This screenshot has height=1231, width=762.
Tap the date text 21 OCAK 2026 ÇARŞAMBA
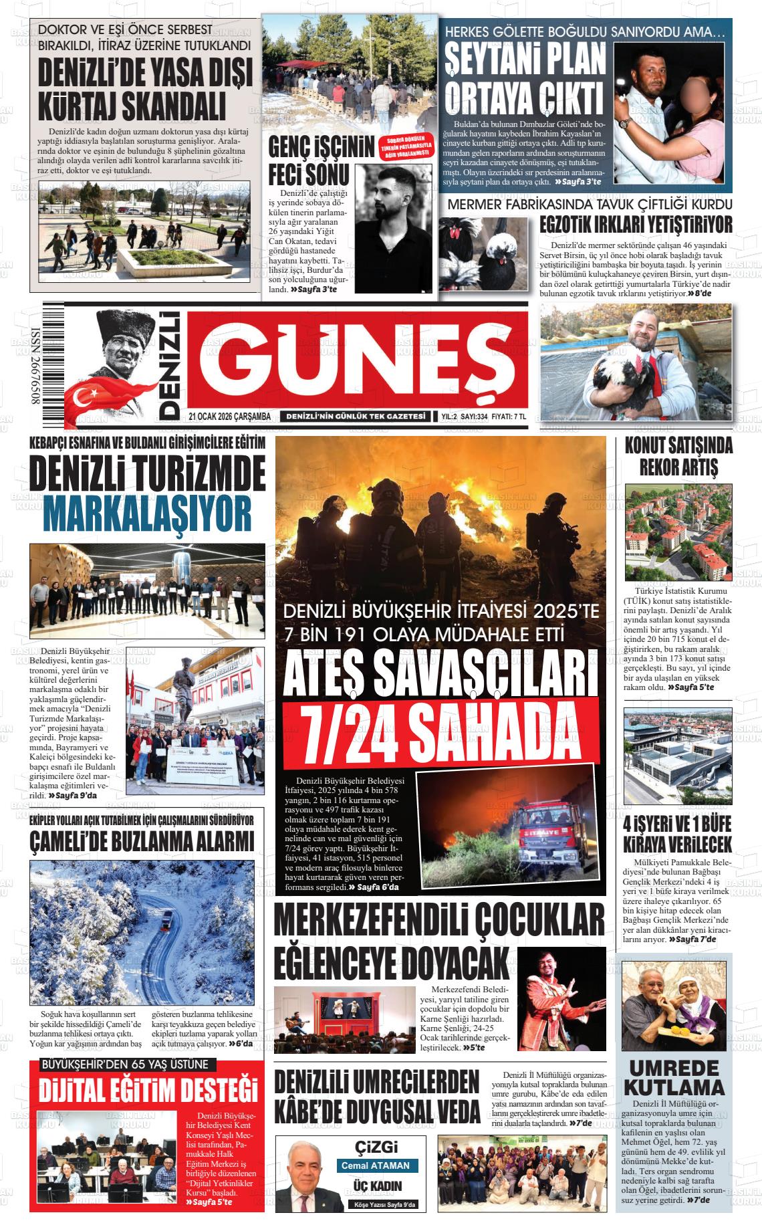[229, 417]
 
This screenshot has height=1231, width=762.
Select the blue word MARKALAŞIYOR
[148, 514]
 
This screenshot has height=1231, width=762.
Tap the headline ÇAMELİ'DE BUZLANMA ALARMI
[142, 842]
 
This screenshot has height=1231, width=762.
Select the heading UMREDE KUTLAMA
[673, 1077]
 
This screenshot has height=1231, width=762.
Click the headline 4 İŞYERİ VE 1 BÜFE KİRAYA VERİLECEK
[677, 833]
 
